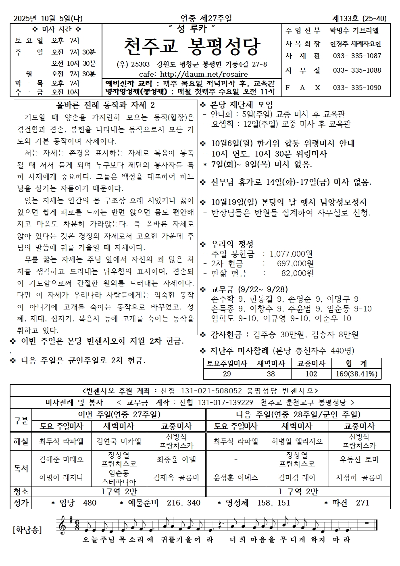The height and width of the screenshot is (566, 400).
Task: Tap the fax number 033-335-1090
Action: point(357,88)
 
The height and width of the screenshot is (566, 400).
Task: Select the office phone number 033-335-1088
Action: point(357,71)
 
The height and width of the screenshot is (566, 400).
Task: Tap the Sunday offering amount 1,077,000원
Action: point(291,254)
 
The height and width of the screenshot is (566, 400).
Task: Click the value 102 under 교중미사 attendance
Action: point(311,374)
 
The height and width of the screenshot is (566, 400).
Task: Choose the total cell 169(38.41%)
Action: point(357,374)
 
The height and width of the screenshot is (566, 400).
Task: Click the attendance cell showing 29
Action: point(227,374)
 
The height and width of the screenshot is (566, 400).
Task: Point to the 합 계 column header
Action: point(357,363)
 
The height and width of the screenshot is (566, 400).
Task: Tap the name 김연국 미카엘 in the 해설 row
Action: point(119,441)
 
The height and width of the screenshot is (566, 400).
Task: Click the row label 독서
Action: point(21,468)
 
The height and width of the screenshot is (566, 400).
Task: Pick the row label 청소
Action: point(21,491)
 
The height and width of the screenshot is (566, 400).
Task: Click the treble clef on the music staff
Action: point(63,526)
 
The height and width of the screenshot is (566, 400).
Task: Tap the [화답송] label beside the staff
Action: point(27,529)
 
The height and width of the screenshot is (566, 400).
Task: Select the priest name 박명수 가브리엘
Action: point(354,30)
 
